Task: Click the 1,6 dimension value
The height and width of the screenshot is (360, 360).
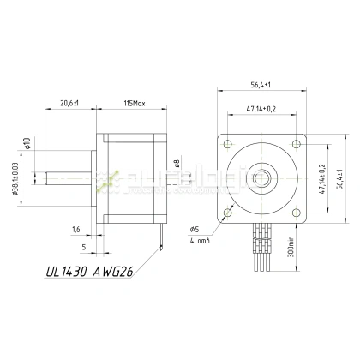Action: click(75, 230)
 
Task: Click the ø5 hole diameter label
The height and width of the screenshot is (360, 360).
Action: click(195, 230)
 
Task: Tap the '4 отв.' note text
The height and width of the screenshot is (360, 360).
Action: click(200, 241)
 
